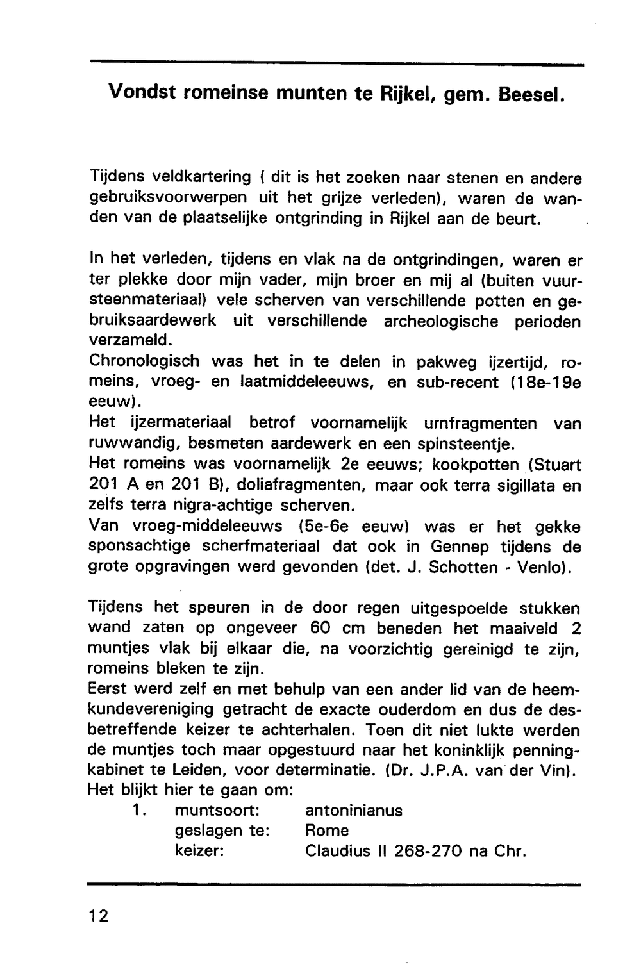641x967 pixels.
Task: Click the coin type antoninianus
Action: (353, 811)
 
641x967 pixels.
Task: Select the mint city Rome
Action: (327, 831)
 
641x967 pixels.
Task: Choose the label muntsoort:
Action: (216, 811)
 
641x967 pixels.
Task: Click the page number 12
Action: (99, 915)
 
